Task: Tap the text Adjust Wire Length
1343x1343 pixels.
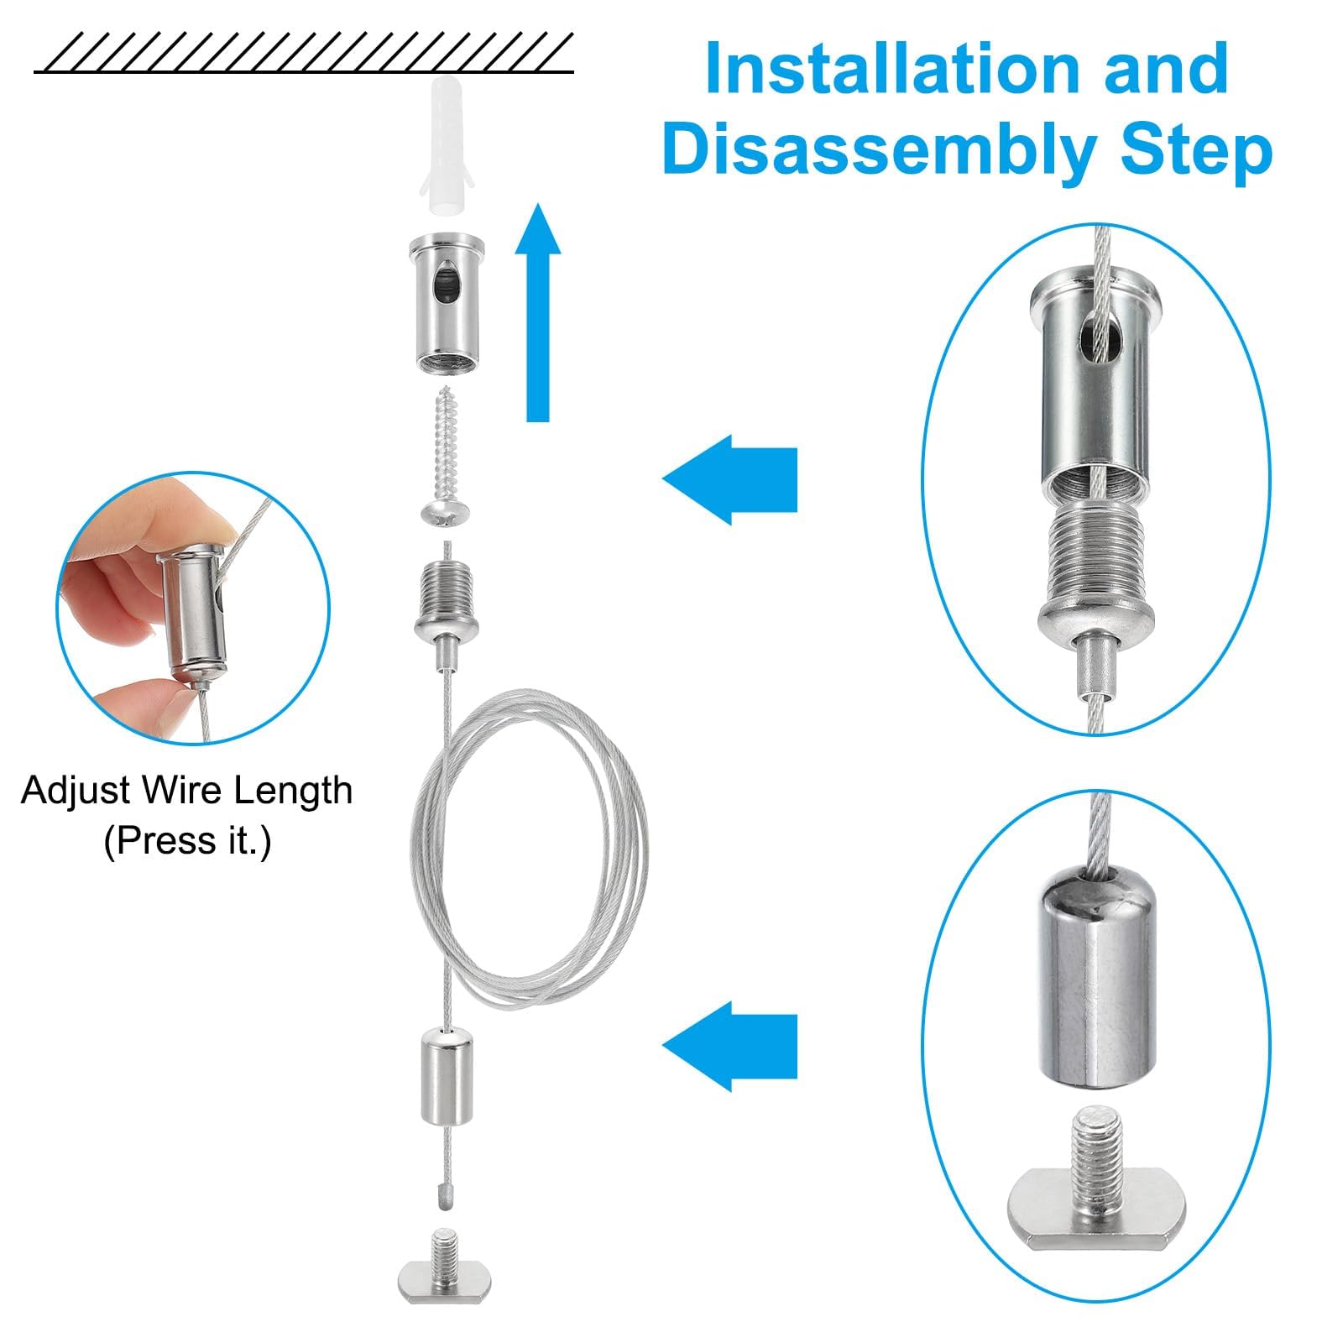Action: [x=186, y=791]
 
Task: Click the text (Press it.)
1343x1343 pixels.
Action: [x=186, y=841]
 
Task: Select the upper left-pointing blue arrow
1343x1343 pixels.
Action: [x=729, y=479]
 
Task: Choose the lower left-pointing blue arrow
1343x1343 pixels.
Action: [x=729, y=1046]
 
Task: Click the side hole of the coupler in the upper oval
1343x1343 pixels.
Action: [x=1095, y=332]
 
